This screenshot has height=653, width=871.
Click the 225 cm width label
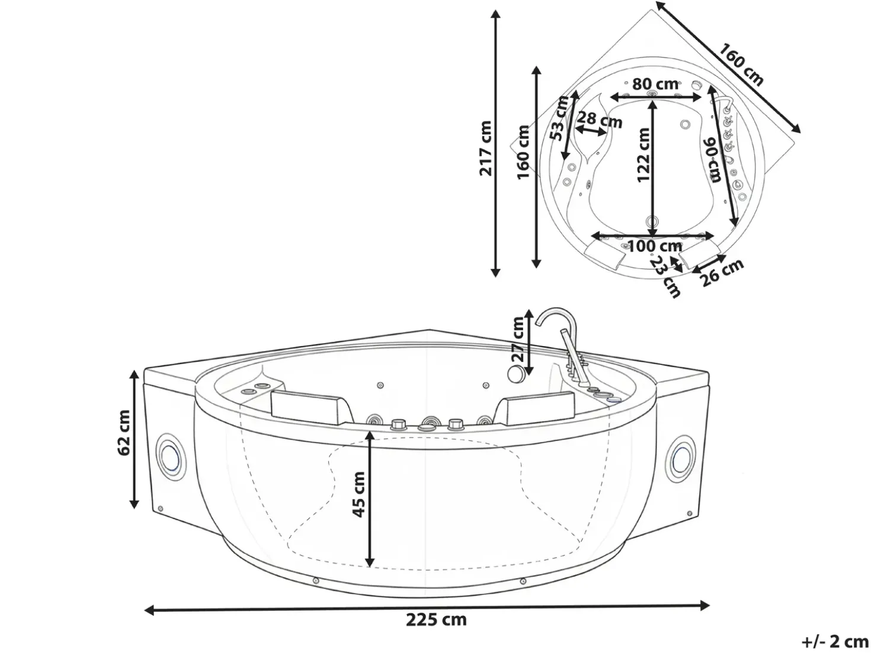436,619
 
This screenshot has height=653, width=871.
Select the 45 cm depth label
358,494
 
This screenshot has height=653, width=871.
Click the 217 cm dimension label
485,148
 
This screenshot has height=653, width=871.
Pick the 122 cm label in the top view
643,155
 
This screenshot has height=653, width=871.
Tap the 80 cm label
655,84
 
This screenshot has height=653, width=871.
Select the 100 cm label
655,247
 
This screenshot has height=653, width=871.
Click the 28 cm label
600,119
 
